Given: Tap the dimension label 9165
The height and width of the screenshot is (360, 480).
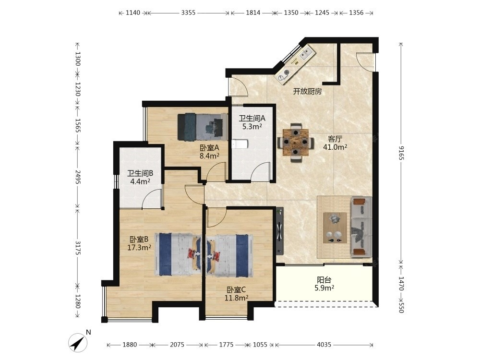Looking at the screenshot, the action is pyautogui.click(x=401, y=153).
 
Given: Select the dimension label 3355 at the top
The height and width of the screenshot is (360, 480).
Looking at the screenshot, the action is pyautogui.click(x=188, y=12).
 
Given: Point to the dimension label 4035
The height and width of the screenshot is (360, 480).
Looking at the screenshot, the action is pyautogui.click(x=324, y=345).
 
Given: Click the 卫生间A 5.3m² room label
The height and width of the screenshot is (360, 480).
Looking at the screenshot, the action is pyautogui.click(x=252, y=122).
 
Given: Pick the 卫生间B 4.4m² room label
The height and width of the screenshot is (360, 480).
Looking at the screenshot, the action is pyautogui.click(x=140, y=177).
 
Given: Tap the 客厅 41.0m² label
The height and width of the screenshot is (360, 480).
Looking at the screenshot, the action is pyautogui.click(x=335, y=143).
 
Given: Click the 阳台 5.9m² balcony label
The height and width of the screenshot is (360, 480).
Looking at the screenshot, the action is pyautogui.click(x=324, y=284).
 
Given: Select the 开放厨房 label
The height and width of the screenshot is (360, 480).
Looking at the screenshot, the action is pyautogui.click(x=307, y=91).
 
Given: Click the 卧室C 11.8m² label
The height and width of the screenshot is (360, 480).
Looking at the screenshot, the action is pyautogui.click(x=236, y=294).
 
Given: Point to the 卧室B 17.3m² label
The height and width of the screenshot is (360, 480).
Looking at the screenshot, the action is pyautogui.click(x=139, y=243).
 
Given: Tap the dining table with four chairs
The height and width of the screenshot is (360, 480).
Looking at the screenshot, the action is pyautogui.click(x=295, y=143).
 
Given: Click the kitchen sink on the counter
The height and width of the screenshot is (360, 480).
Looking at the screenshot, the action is pyautogui.click(x=307, y=53).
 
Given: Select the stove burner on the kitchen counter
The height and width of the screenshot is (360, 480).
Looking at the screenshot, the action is pyautogui.click(x=287, y=73).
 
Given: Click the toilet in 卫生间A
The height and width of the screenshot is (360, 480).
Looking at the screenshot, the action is pyautogui.click(x=238, y=144).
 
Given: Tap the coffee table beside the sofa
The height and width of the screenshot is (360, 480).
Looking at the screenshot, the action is pyautogui.click(x=335, y=228).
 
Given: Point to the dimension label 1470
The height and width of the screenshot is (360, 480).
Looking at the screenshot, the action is pyautogui.click(x=401, y=284).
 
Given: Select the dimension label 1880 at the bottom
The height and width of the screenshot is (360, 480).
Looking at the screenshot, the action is pyautogui.click(x=130, y=345).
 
